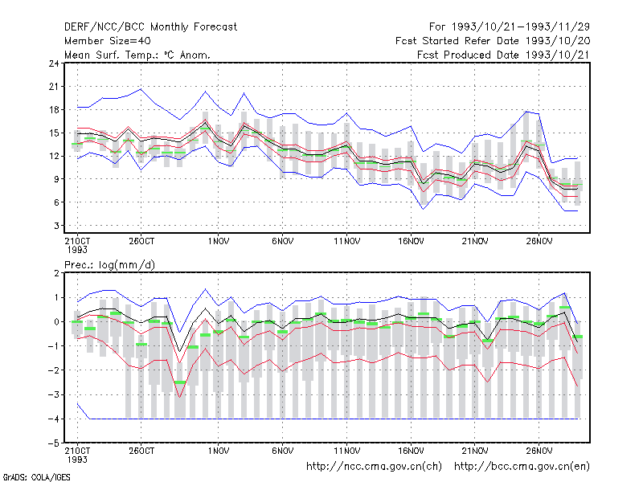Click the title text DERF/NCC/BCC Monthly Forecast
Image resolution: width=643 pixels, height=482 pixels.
[150, 27]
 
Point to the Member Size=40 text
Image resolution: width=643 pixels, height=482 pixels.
[108, 41]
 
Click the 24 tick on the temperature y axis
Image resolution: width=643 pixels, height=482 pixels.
[54, 63]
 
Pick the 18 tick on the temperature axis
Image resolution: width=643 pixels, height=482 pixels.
[54, 110]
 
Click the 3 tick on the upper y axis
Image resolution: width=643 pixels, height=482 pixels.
[56, 226]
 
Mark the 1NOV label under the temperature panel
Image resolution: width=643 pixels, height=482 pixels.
[218, 242]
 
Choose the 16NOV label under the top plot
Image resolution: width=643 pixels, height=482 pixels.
[411, 242]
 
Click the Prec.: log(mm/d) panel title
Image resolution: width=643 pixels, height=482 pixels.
[109, 265]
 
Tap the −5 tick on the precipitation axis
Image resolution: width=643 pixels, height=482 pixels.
[54, 443]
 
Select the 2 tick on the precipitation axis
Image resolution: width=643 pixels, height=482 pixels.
[56, 273]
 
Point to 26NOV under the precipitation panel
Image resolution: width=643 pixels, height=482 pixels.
[539, 451]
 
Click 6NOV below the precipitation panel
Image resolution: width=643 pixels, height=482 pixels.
[283, 451]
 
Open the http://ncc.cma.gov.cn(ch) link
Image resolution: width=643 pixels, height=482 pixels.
[374, 467]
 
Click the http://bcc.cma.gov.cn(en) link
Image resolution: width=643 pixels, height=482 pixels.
[522, 467]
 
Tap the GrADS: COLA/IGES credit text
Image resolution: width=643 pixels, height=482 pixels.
[36, 477]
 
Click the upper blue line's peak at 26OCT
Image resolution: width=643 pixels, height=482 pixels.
[141, 89]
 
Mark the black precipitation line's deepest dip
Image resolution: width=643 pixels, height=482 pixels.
[179, 352]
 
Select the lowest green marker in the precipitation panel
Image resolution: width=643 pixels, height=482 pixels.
[179, 382]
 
